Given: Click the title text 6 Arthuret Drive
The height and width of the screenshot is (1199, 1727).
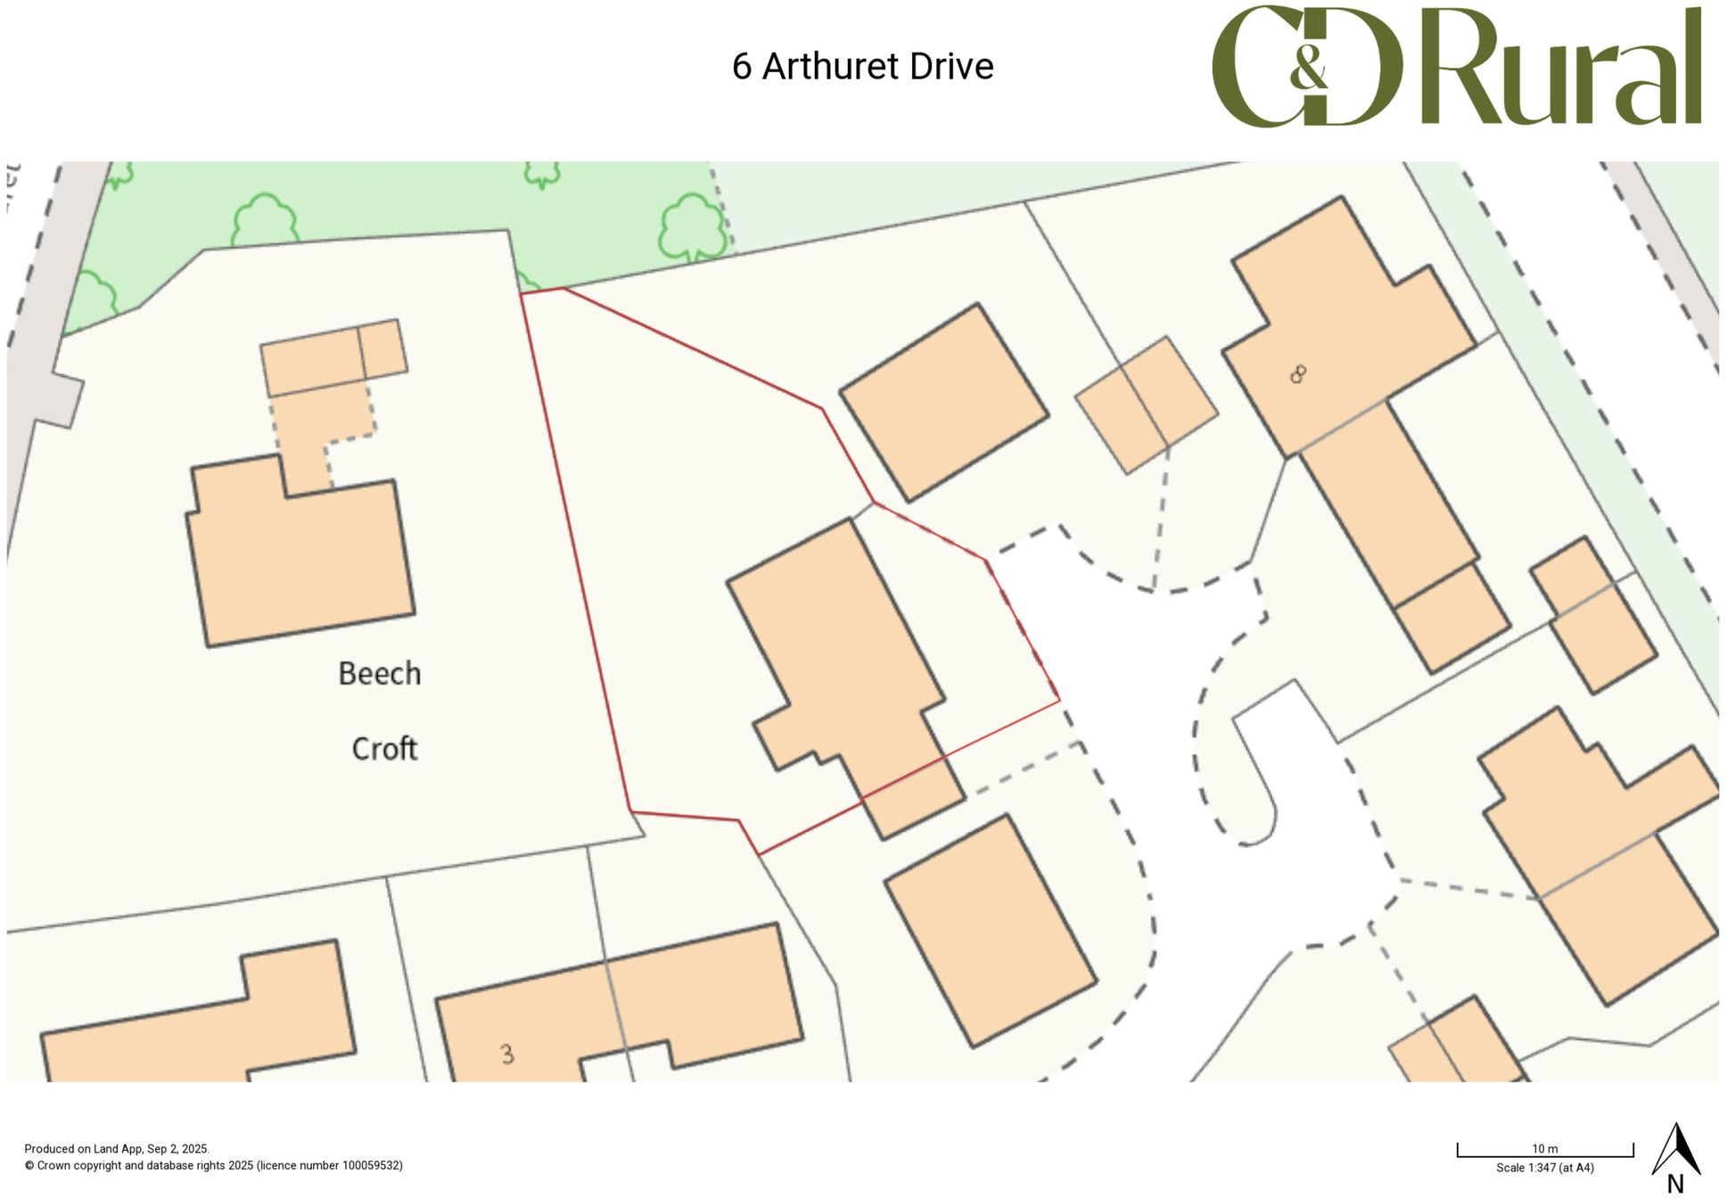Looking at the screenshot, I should (x=862, y=67).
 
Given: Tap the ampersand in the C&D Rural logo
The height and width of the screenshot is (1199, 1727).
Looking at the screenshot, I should (x=1308, y=68).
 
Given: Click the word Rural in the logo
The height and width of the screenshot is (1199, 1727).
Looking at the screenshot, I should (x=1560, y=68).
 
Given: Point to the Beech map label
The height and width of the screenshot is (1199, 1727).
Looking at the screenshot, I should (x=379, y=674).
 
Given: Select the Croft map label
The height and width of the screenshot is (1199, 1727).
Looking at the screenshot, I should (x=384, y=749).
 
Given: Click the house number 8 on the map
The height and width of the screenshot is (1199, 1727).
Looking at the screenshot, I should (x=1298, y=374).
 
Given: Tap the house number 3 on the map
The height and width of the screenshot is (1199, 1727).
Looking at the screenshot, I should (x=507, y=1055).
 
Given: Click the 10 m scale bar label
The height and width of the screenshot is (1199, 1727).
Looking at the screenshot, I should (x=1544, y=1148).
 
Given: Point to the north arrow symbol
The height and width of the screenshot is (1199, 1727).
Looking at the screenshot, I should (x=1676, y=1150).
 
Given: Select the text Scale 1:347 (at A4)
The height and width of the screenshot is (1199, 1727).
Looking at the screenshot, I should (x=1544, y=1168).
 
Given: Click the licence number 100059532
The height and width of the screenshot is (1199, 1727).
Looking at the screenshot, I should (x=371, y=1165).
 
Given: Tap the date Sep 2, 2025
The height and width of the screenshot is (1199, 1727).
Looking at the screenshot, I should (x=177, y=1149).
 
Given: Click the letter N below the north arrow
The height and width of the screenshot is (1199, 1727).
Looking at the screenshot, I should (x=1675, y=1184).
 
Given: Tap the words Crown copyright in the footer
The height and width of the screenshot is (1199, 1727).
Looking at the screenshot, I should (x=79, y=1165).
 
